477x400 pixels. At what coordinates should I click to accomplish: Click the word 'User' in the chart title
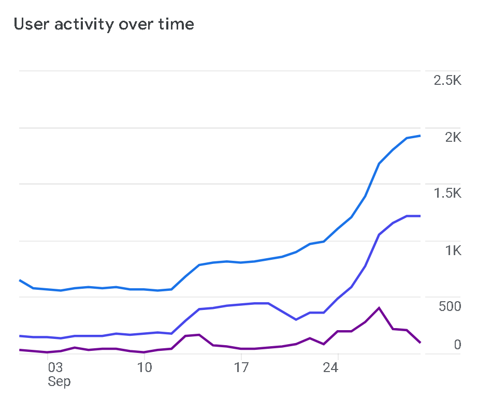point(31,24)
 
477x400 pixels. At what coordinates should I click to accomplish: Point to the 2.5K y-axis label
point(447,81)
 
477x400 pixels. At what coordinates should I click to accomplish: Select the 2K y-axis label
point(453,137)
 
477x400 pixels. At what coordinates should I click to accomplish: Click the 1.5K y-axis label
point(447,194)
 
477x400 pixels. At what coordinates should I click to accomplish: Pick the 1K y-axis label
point(453,250)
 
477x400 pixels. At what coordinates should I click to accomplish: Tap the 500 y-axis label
point(450,307)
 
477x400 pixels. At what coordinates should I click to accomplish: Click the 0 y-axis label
point(457,345)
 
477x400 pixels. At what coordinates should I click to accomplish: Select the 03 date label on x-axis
point(55,368)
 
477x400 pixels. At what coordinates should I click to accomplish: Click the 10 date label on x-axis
point(144,368)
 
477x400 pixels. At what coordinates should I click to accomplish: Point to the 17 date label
point(241,368)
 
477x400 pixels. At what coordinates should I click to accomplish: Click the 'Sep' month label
point(59,382)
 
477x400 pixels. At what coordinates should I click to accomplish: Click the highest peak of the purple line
point(379,308)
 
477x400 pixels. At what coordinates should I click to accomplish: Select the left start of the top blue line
point(20,280)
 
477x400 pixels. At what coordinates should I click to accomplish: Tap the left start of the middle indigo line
point(20,336)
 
